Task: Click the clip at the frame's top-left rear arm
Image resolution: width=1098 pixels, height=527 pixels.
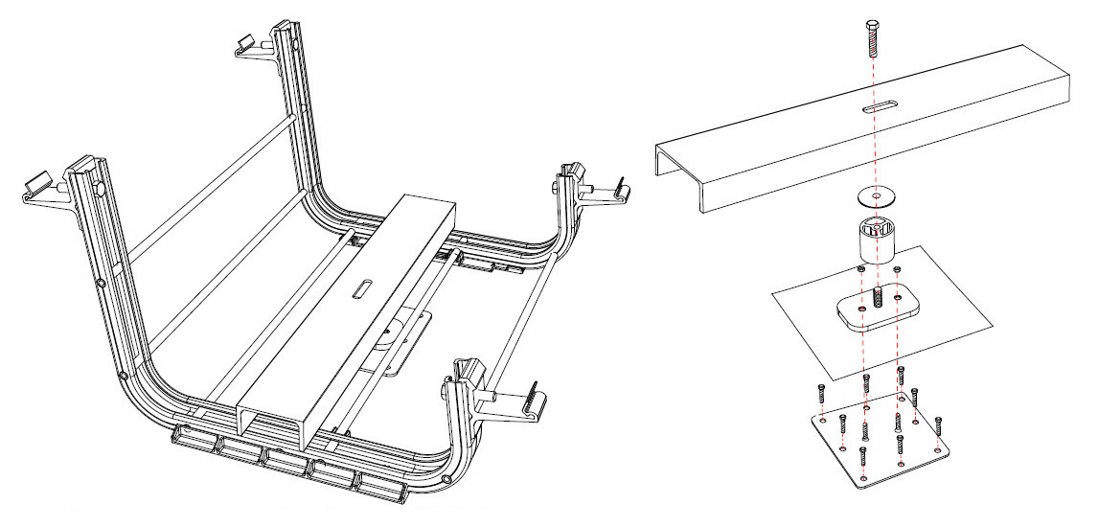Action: point(248,43)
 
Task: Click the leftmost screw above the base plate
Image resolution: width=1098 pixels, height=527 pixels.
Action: point(822,393)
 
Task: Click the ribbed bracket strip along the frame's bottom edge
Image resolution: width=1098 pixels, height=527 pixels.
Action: point(287,460)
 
